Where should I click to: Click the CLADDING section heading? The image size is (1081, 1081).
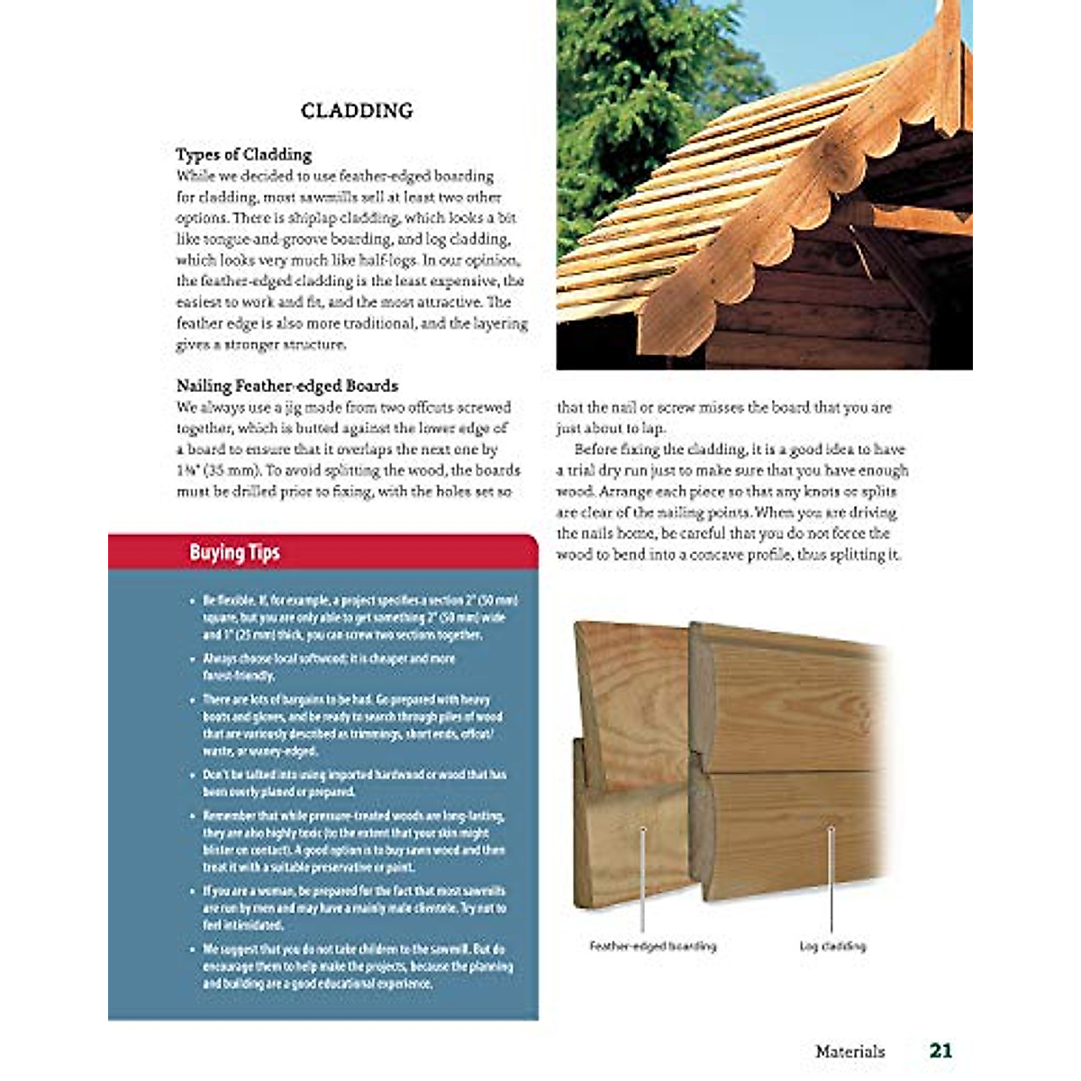[x=357, y=111]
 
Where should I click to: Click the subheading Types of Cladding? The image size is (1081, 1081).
[x=243, y=154]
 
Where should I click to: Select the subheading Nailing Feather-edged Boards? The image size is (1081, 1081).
[x=286, y=386]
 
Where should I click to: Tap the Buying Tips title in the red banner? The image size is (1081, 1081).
[x=234, y=552]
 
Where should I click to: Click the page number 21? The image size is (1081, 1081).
[x=940, y=1050]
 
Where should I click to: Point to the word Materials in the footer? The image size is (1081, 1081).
[x=849, y=1051]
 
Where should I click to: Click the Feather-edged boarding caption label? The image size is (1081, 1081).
[x=652, y=946]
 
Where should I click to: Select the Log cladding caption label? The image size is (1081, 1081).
[x=831, y=946]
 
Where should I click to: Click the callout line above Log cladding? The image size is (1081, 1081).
[x=831, y=878]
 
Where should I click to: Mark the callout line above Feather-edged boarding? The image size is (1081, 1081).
[x=642, y=878]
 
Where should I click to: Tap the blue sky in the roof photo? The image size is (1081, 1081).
[x=811, y=36]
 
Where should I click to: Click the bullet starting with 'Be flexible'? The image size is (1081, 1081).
[x=356, y=618]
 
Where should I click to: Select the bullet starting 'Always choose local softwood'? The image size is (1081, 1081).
[x=329, y=667]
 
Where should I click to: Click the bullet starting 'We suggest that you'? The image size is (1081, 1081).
[x=356, y=966]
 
